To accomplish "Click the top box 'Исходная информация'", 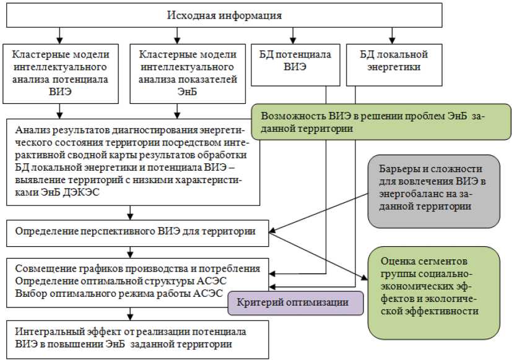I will [x=223, y=14].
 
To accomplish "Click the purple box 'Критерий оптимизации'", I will [x=295, y=303].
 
